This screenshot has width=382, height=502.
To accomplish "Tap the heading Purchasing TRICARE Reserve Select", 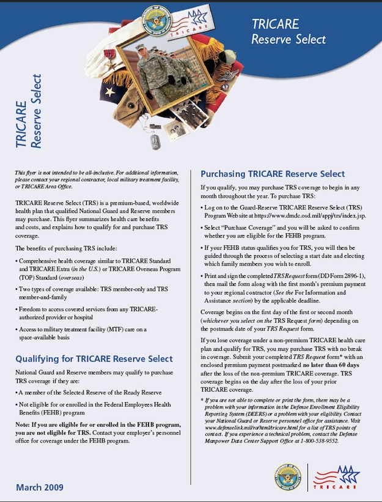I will pyautogui.click(x=273, y=173).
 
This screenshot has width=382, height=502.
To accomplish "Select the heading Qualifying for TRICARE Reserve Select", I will pyautogui.click(x=94, y=359).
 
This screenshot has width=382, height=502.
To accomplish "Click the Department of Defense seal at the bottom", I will pyautogui.click(x=287, y=477).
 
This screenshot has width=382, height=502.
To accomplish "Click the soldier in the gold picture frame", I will pyautogui.click(x=153, y=73).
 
